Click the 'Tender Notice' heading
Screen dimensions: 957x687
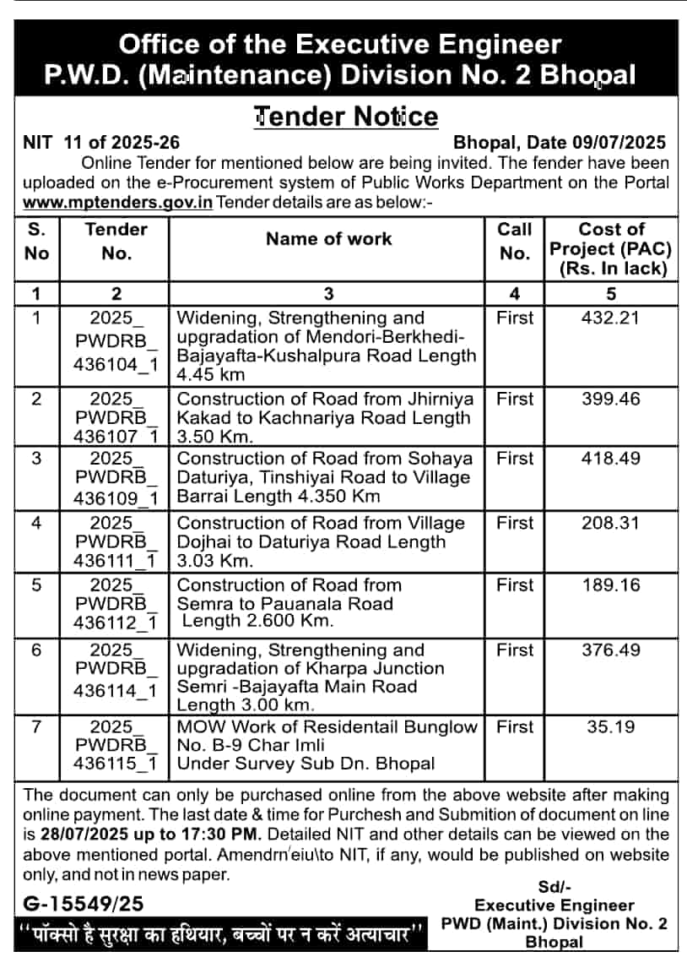[x=346, y=116]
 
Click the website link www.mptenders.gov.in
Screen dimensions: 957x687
[x=117, y=203]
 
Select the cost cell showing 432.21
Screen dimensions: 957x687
[x=611, y=318]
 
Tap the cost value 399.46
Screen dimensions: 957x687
[x=611, y=400]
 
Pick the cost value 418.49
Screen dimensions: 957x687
[x=611, y=459]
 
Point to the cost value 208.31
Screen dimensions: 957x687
[x=611, y=524]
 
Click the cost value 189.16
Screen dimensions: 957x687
[x=611, y=585]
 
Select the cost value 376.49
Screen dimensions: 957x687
[x=611, y=650]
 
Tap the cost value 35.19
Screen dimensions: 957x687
[x=611, y=727]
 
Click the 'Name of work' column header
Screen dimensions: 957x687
[x=328, y=239]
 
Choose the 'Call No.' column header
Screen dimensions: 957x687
[x=514, y=241]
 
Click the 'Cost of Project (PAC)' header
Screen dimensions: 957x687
[x=611, y=249]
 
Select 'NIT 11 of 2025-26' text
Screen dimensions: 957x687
[x=100, y=143]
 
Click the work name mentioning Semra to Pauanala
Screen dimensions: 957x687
[x=289, y=603]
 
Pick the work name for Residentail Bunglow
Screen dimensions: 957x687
[x=327, y=745]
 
